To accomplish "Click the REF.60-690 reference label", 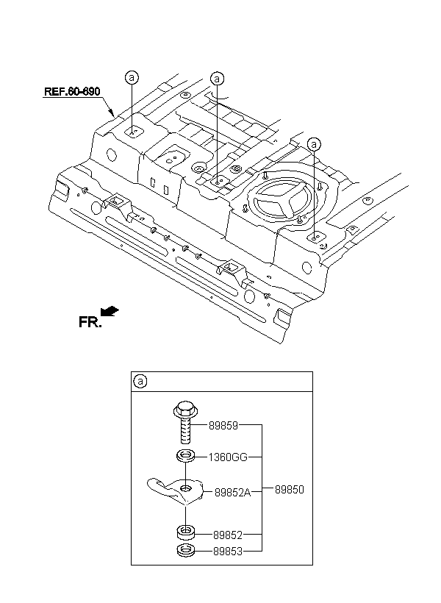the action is coord(72,91).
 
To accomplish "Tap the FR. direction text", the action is coord(90,322).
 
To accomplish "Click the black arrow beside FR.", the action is coord(110,311).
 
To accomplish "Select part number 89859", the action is coord(223,425).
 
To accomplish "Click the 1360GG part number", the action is coord(228,457).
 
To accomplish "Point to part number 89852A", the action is coord(232,492).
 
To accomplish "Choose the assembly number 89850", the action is coord(289,490).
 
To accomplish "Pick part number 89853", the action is coord(228,551).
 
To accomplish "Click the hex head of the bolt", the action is coord(185,410).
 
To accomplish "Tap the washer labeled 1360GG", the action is coord(186,457).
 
